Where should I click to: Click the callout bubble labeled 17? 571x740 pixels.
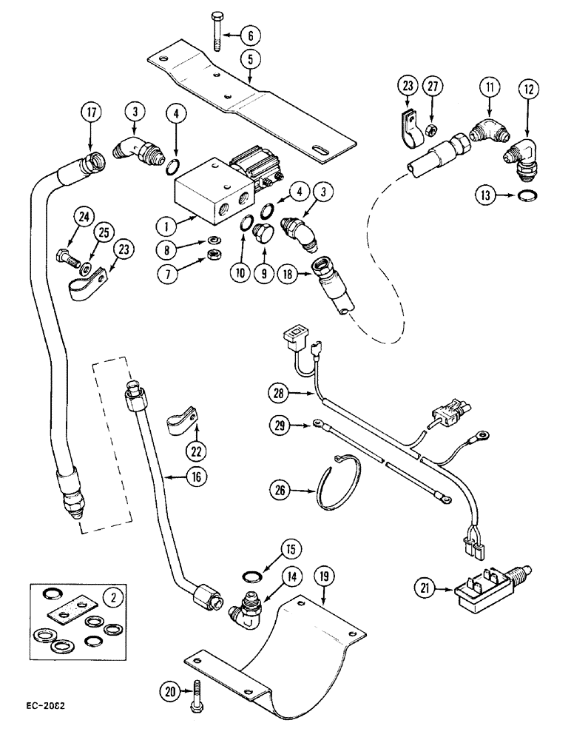tap(90, 115)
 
